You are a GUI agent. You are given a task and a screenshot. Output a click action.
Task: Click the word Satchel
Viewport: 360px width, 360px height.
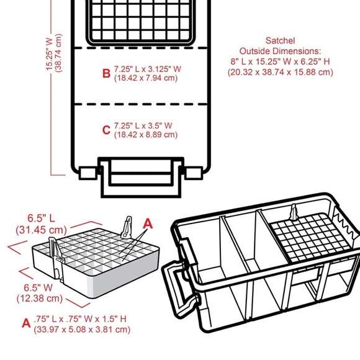click(280, 40)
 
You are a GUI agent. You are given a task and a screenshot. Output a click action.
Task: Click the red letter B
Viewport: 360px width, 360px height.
click(106, 73)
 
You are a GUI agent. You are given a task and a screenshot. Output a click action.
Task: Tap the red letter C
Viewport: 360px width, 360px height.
click(106, 130)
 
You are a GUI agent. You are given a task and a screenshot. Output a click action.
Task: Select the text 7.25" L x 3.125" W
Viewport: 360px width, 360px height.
click(148, 69)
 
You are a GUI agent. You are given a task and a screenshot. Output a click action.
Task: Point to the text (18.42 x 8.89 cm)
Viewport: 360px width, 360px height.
click(146, 135)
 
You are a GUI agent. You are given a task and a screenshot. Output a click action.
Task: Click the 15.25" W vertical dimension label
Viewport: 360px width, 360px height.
click(50, 54)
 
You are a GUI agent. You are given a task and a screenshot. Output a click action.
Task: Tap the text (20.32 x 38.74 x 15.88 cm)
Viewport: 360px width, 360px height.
click(281, 72)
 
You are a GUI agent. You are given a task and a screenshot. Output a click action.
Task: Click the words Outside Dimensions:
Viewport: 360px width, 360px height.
click(280, 51)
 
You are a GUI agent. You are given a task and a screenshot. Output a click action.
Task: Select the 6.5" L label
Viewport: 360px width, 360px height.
click(42, 218)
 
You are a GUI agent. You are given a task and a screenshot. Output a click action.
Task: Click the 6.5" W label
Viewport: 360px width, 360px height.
click(38, 287)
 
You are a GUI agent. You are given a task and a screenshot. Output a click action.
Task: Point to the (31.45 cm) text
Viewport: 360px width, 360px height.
click(42, 230)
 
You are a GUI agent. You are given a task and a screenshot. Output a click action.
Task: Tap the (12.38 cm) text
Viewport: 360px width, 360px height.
click(40, 299)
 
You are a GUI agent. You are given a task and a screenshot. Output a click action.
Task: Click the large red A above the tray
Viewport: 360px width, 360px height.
click(148, 223)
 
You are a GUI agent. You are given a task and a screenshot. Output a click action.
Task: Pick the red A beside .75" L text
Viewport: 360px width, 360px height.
click(26, 323)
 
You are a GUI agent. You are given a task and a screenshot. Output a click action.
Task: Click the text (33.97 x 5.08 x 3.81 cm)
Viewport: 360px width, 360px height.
click(82, 330)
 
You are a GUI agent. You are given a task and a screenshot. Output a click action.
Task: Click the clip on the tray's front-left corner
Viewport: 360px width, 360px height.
click(56, 257)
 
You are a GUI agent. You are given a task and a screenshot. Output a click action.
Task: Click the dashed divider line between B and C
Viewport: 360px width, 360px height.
click(142, 104)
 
